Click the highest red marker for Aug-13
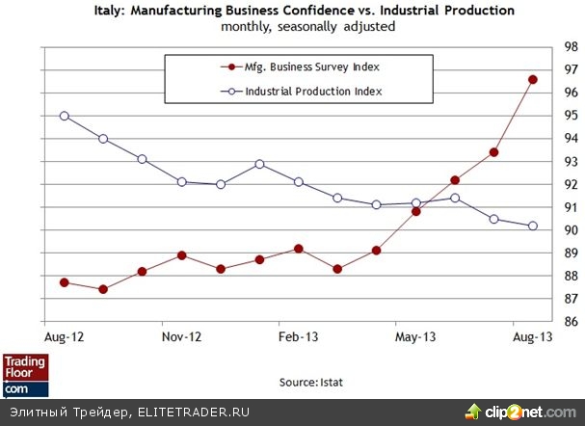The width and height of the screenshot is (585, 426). (x=532, y=79)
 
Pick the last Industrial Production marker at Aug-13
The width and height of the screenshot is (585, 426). (x=532, y=226)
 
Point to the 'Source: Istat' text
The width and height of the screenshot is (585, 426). (x=310, y=383)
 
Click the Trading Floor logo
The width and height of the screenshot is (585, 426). (x=25, y=375)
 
